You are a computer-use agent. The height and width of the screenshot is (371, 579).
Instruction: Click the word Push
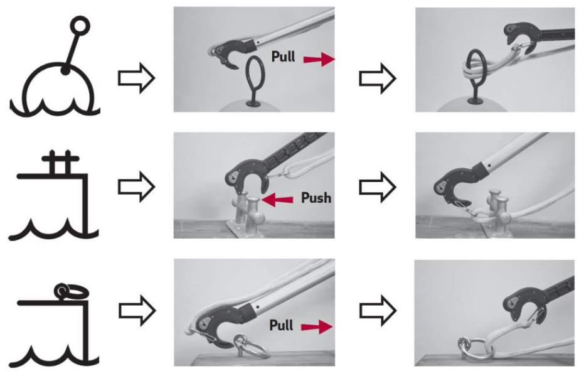click(x=316, y=198)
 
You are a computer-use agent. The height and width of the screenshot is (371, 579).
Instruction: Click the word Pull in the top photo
click(x=283, y=56)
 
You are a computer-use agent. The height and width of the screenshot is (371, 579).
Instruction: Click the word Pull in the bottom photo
click(x=282, y=325)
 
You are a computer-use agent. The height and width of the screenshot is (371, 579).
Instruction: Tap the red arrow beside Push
click(x=277, y=200)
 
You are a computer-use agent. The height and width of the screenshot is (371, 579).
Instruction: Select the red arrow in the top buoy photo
click(x=319, y=59)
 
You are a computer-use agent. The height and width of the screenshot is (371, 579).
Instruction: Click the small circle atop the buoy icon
click(x=80, y=26)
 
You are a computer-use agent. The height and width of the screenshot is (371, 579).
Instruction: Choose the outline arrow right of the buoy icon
click(x=136, y=78)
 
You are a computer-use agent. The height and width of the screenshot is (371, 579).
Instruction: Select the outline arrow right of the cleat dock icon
click(x=136, y=186)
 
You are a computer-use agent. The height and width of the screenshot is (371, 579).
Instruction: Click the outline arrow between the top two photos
click(x=378, y=78)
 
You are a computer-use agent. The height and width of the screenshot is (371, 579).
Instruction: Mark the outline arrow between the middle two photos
click(x=378, y=187)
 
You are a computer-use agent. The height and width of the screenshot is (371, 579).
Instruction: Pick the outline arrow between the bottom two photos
click(x=378, y=311)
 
